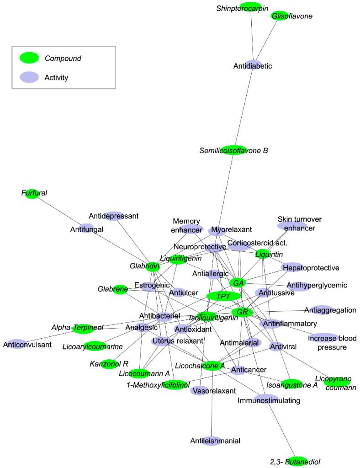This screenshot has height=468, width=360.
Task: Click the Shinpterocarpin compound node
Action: pyautogui.click(x=250, y=7)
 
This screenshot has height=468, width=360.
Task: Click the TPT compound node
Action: pyautogui.click(x=223, y=297)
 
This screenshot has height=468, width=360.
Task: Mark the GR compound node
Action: pyautogui.click(x=242, y=312)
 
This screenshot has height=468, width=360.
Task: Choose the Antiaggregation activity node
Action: pyautogui.click(x=323, y=310)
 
